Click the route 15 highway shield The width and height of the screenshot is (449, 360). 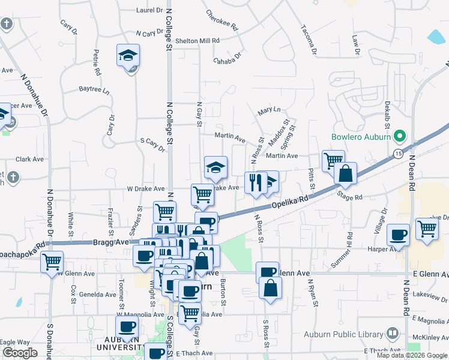point(399,154)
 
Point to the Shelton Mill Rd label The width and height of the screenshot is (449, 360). point(197,41)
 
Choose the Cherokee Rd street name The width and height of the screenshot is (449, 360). point(222,20)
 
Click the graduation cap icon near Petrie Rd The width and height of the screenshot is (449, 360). point(128,56)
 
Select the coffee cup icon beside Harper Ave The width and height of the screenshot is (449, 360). point(398,235)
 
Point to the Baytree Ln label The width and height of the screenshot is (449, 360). point(95,91)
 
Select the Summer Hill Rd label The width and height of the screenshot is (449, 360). point(349,240)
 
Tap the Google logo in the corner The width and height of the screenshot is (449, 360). point(20,353)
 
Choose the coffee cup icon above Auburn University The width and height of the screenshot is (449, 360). point(127,327)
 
